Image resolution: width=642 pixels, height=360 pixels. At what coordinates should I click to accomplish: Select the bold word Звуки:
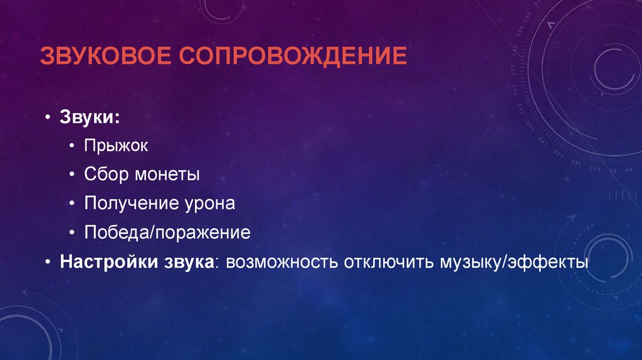[92, 117]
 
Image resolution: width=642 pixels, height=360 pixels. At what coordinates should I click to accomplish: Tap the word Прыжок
[117, 146]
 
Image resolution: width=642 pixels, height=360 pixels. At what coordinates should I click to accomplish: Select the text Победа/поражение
[167, 233]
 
